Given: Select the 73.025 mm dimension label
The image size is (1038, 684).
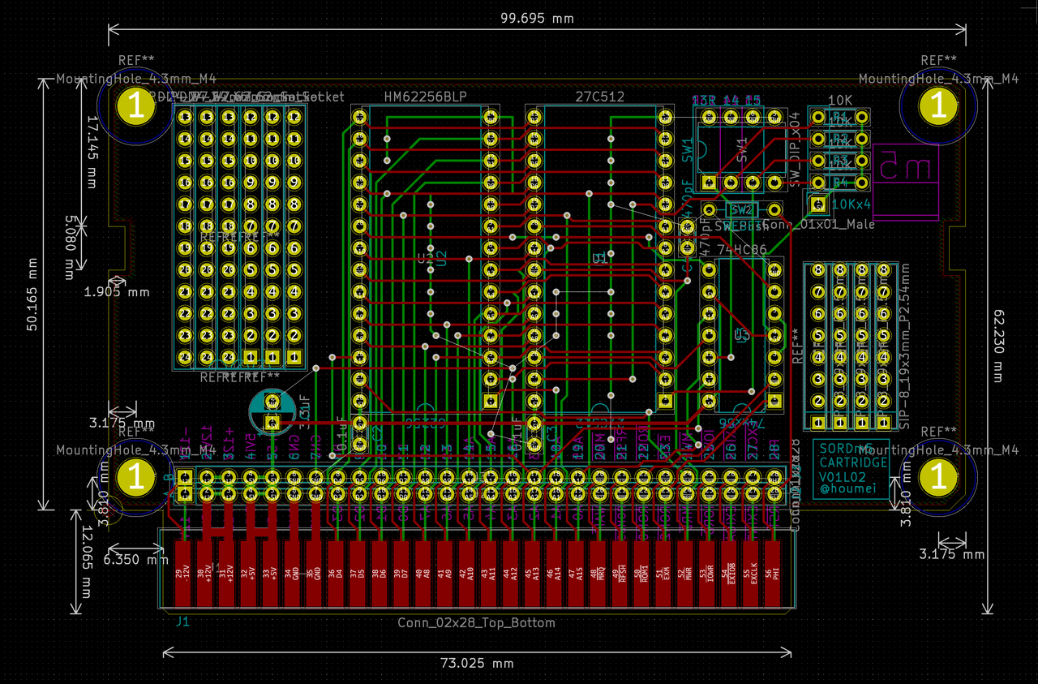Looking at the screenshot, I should click(x=477, y=663).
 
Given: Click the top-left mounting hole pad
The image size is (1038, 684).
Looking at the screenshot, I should click(x=135, y=106).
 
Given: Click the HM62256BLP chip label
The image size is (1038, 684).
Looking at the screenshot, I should click(x=426, y=97).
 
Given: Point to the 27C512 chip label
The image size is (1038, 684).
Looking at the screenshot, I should click(x=599, y=97).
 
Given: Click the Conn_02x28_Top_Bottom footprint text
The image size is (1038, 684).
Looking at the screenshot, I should click(x=476, y=623).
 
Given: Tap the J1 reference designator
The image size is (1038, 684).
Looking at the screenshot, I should click(x=182, y=622).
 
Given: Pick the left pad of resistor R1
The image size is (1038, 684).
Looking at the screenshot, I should click(x=817, y=118).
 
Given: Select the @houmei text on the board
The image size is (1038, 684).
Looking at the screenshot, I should click(x=843, y=490).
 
